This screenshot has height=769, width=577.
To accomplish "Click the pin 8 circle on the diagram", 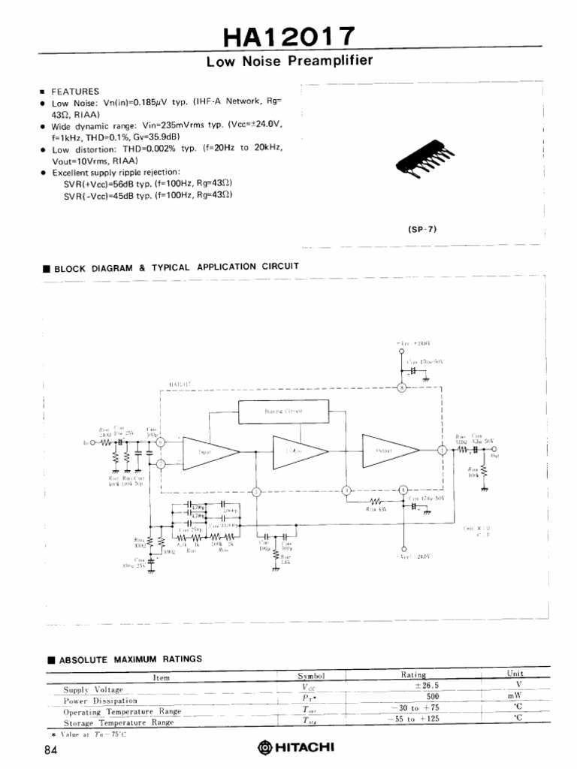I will [402, 388].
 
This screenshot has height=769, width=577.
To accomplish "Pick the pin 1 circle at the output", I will [443, 451].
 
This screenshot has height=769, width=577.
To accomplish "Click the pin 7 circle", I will [160, 466].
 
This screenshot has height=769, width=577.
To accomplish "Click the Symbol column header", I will [311, 675].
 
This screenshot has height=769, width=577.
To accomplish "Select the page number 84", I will [50, 749].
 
